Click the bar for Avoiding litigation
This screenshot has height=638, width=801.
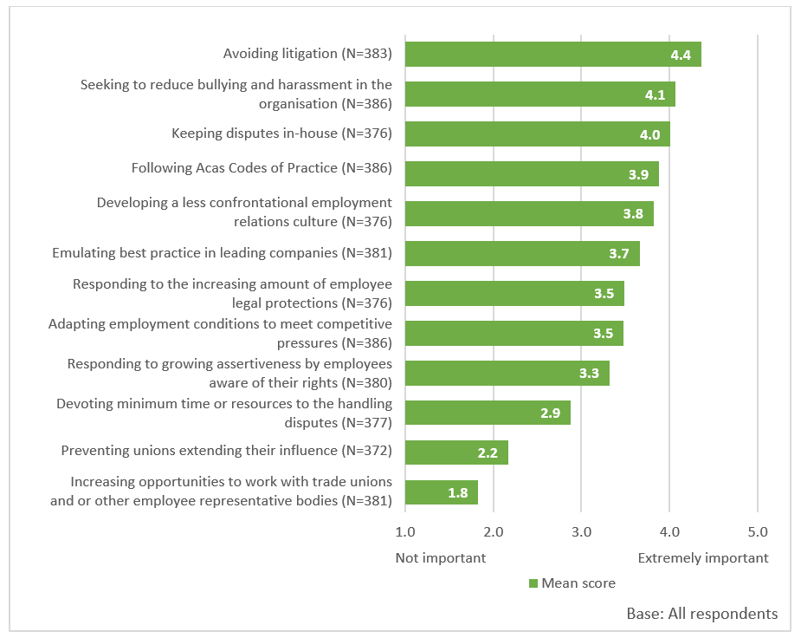click(x=552, y=55)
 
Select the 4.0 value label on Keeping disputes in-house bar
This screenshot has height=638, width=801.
click(x=649, y=134)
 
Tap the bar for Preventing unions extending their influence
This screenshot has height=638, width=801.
click(x=456, y=452)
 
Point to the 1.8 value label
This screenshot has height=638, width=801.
click(x=458, y=492)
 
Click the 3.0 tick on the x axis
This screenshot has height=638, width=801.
click(x=581, y=531)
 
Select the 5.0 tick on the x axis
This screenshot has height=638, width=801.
click(x=758, y=531)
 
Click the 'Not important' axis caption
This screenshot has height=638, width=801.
click(x=441, y=557)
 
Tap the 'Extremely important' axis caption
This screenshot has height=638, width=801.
click(x=703, y=557)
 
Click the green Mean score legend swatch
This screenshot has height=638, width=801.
click(x=533, y=583)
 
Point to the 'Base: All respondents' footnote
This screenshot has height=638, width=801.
click(x=701, y=614)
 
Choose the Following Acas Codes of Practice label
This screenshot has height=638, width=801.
click(x=262, y=168)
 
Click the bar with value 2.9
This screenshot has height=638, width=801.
click(x=488, y=413)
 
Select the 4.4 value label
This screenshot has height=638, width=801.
click(x=680, y=55)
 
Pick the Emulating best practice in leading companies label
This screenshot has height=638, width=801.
click(x=222, y=253)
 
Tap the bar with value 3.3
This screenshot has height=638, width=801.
click(x=507, y=373)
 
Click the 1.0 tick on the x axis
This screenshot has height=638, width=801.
click(x=405, y=531)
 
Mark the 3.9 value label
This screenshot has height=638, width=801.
click(x=638, y=174)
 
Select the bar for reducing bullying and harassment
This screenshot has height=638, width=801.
click(x=539, y=94)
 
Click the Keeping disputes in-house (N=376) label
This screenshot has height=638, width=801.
click(x=281, y=133)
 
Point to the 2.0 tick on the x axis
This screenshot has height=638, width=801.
click(x=494, y=531)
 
